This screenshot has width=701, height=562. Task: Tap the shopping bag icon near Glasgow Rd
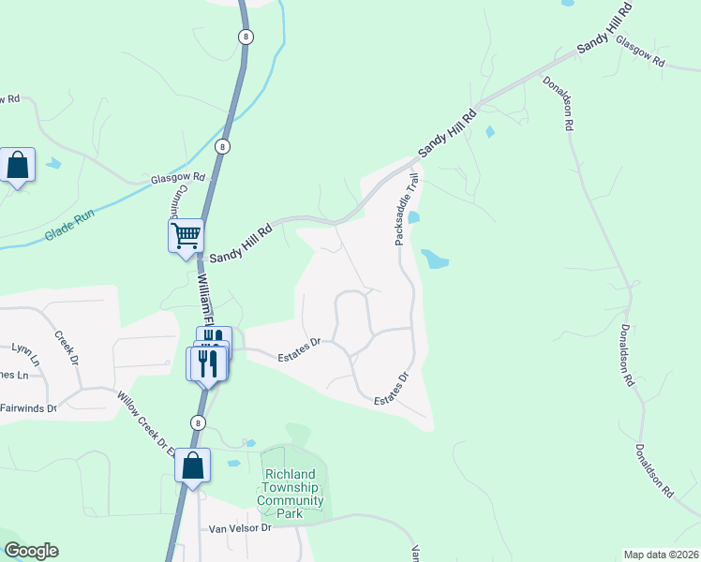tap(18, 166)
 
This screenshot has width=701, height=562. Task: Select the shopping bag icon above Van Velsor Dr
tap(192, 466)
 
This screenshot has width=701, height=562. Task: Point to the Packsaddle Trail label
tap(401, 208)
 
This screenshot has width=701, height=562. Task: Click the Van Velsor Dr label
tap(239, 528)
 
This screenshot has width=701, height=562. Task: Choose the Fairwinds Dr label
tap(27, 407)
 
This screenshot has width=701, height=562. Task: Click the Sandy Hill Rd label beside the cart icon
tap(240, 243)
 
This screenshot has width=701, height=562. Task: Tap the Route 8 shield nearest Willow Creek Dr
tap(197, 422)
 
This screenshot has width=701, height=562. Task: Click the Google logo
tap(31, 551)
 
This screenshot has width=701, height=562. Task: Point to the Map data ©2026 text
tap(661, 555)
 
